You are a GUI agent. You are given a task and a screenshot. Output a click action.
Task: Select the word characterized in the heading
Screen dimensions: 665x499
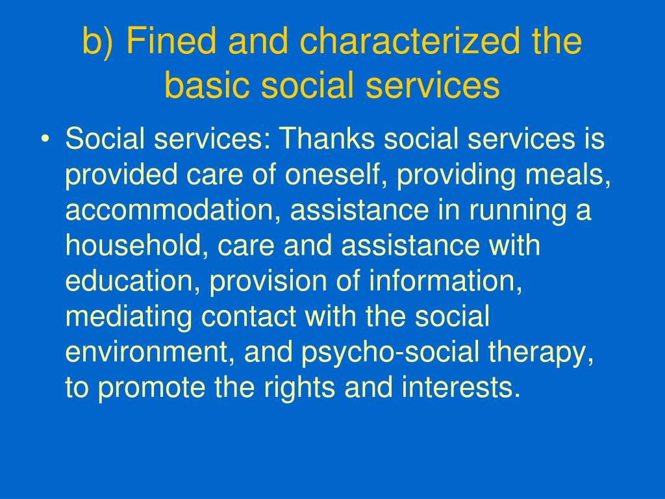point(410,41)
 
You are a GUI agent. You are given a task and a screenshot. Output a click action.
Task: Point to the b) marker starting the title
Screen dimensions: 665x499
point(98,41)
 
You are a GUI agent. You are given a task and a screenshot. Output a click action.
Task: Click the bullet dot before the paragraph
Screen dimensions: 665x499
point(45,140)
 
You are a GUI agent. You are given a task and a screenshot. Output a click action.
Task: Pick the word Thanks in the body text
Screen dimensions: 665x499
point(327,138)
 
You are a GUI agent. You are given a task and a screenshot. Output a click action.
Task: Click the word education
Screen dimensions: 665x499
point(132,281)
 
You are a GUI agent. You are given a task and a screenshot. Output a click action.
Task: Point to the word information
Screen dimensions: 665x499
point(445,281)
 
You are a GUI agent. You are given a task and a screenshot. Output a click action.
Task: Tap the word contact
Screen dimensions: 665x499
point(249,316)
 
